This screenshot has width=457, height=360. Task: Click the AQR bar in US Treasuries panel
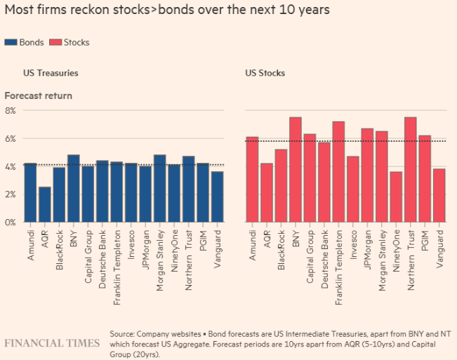(44, 204)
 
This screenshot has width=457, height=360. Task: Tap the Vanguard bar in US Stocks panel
(439, 195)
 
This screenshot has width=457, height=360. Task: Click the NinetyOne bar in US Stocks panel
(396, 196)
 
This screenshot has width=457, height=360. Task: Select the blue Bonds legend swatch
(11, 42)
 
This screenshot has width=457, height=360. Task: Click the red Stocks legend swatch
(56, 42)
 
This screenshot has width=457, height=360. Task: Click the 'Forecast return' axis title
(39, 95)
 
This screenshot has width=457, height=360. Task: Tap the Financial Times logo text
(51, 343)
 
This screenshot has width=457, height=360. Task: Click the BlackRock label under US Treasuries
(60, 242)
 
